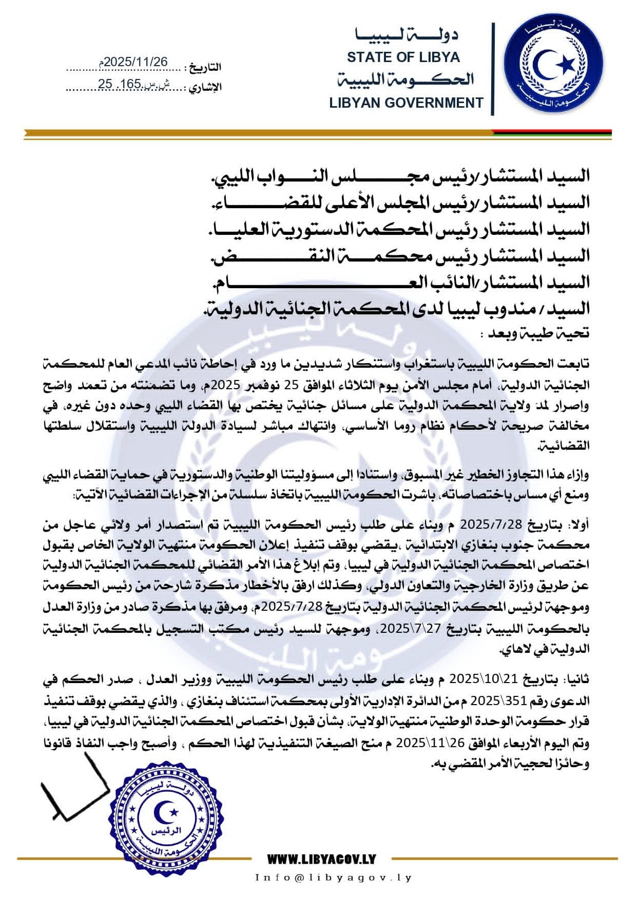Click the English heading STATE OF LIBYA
click(403, 57)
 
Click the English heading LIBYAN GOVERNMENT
click(406, 103)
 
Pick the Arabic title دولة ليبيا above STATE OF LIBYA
click(406, 35)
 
